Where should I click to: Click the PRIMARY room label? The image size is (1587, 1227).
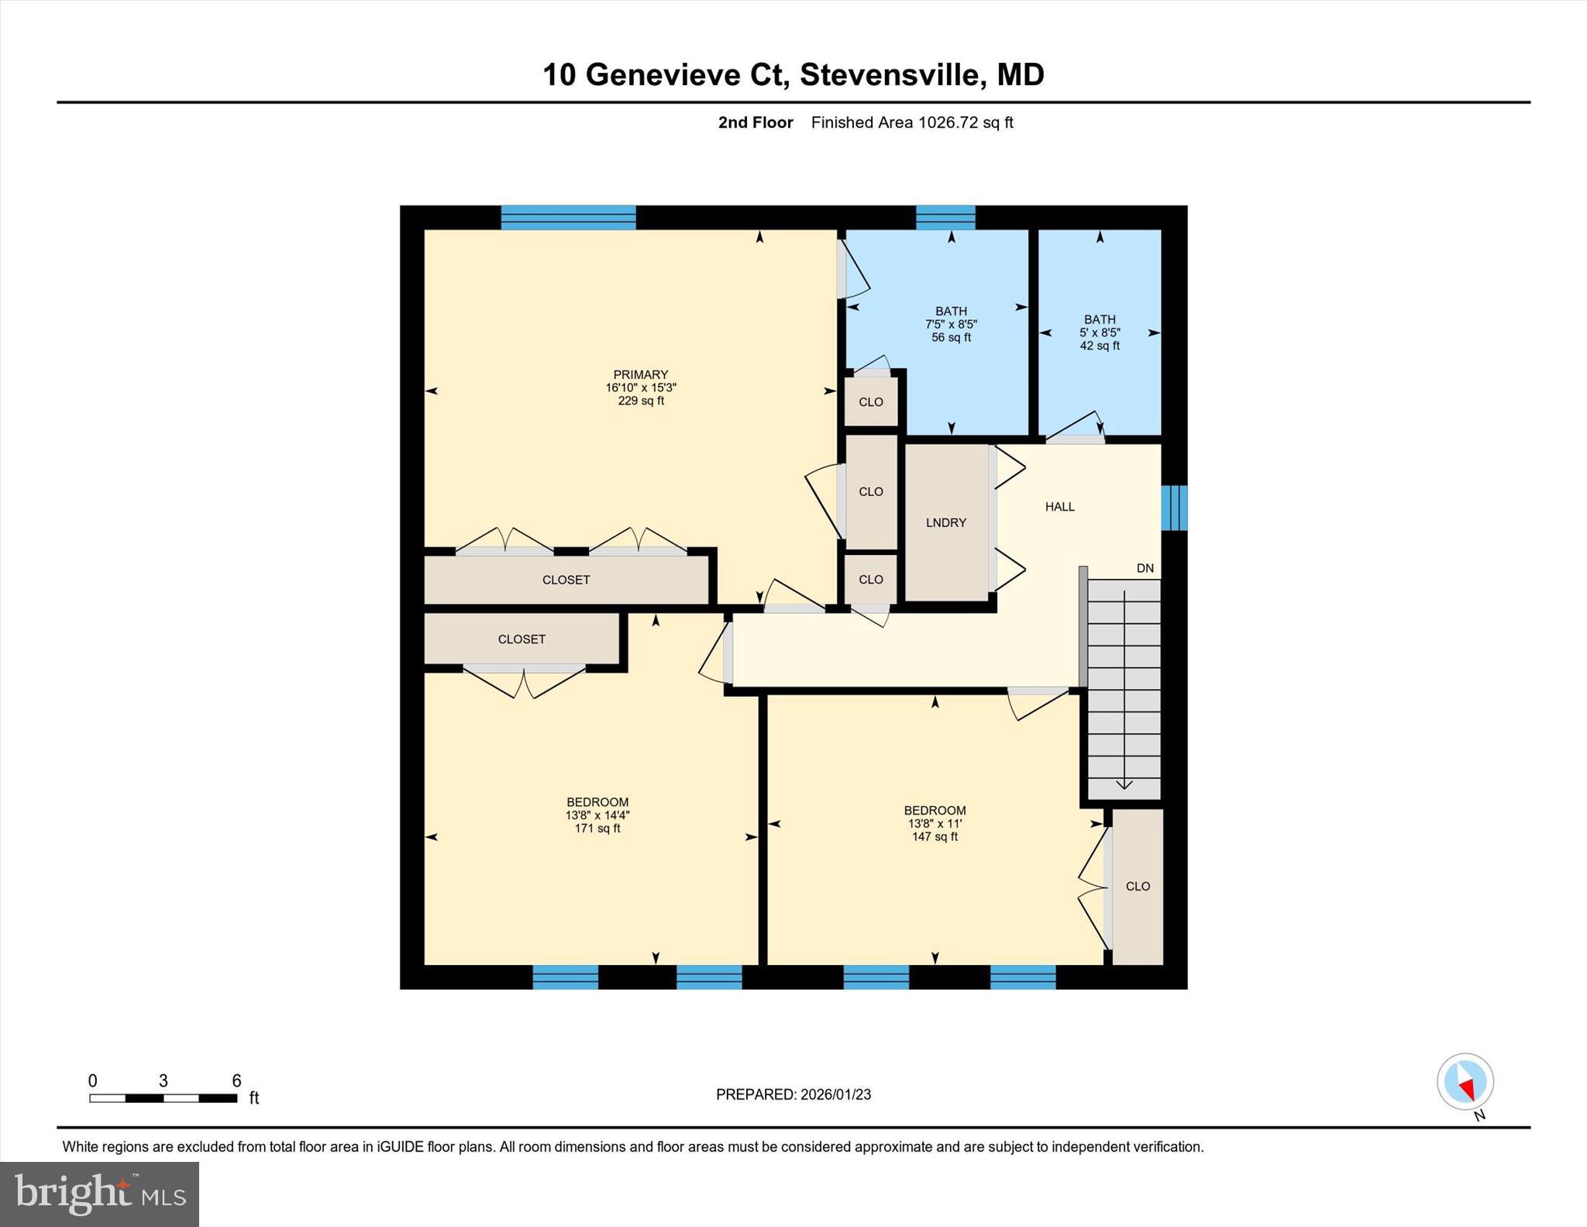tap(640, 375)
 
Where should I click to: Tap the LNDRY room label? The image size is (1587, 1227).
tap(946, 523)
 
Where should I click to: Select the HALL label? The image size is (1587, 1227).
tap(1059, 507)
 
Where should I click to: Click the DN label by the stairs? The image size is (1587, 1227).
tap(1145, 568)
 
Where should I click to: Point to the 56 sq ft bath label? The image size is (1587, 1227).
tap(951, 324)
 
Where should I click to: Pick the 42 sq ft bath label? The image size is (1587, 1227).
tap(1100, 333)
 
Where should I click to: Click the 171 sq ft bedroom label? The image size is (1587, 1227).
tap(597, 815)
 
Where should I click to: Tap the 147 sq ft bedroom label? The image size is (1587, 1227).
tap(935, 823)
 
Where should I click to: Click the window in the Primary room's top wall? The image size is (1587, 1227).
tap(568, 218)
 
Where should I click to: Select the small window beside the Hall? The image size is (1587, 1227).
tap(1174, 508)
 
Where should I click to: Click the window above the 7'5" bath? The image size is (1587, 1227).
tap(945, 218)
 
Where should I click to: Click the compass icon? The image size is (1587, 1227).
tap(1465, 1082)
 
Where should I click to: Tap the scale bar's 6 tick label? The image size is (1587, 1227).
tap(236, 1081)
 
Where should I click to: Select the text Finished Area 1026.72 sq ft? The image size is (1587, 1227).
tap(912, 122)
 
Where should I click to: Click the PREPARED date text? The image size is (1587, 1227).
tap(793, 1094)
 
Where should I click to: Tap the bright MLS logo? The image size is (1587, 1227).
tap(99, 1194)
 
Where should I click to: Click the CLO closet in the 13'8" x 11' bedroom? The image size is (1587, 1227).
tap(1138, 887)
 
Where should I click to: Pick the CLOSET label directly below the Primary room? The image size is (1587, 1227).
tap(566, 580)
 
